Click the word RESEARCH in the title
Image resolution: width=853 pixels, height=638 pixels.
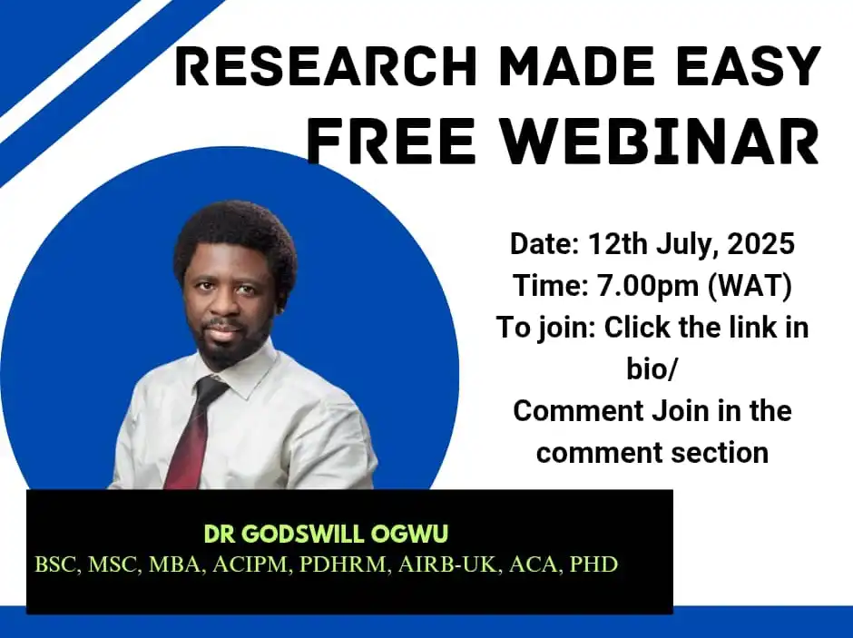(326, 66)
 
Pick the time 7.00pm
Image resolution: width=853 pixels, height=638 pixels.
(647, 286)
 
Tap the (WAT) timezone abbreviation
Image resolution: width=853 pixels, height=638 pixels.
(750, 286)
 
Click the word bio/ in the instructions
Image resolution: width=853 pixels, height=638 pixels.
(652, 369)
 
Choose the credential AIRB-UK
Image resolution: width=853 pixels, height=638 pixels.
(447, 564)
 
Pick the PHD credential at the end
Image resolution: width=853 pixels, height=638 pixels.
(593, 564)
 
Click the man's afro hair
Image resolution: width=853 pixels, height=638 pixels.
(235, 240)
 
